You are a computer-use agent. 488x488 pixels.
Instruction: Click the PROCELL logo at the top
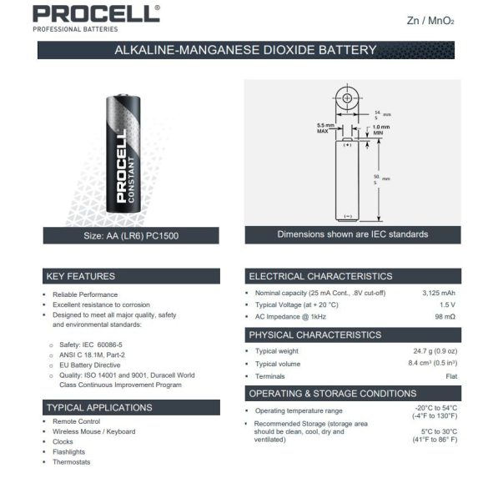point(96,14)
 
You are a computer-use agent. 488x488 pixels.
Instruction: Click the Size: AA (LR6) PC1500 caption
point(131,236)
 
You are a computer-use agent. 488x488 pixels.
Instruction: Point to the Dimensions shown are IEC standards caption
point(352,234)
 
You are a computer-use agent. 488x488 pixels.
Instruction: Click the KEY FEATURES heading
point(82,276)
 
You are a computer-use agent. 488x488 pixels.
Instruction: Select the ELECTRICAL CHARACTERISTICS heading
point(320,276)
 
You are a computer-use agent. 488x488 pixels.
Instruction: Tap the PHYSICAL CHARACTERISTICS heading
point(314,335)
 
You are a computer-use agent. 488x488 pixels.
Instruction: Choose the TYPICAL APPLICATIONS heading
point(99,407)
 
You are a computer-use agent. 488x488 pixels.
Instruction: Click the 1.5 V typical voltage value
point(446,305)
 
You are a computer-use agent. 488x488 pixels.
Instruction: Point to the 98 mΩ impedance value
point(444,318)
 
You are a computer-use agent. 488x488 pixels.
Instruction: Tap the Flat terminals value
point(450,376)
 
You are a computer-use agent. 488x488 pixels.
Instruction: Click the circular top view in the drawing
point(347,98)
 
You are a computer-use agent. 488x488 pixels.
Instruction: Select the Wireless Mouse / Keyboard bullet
point(93,431)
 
